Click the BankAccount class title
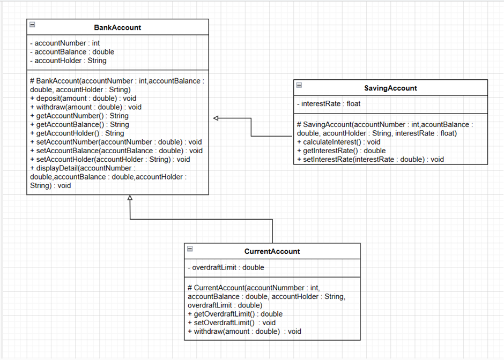pos(117,27)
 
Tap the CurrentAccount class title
pos(272,251)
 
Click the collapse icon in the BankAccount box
pos(32,25)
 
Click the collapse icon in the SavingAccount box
pos(299,85)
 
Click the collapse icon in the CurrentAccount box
pos(190,249)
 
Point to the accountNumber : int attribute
pos(64,43)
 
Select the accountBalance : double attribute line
pos(72,52)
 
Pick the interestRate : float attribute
pos(328,104)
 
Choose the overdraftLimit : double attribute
pos(226,267)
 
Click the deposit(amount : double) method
pos(83,98)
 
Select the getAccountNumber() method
pos(79,116)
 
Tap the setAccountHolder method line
pos(110,159)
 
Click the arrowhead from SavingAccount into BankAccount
pos(216,118)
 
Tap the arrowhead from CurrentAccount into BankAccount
pos(129,198)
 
